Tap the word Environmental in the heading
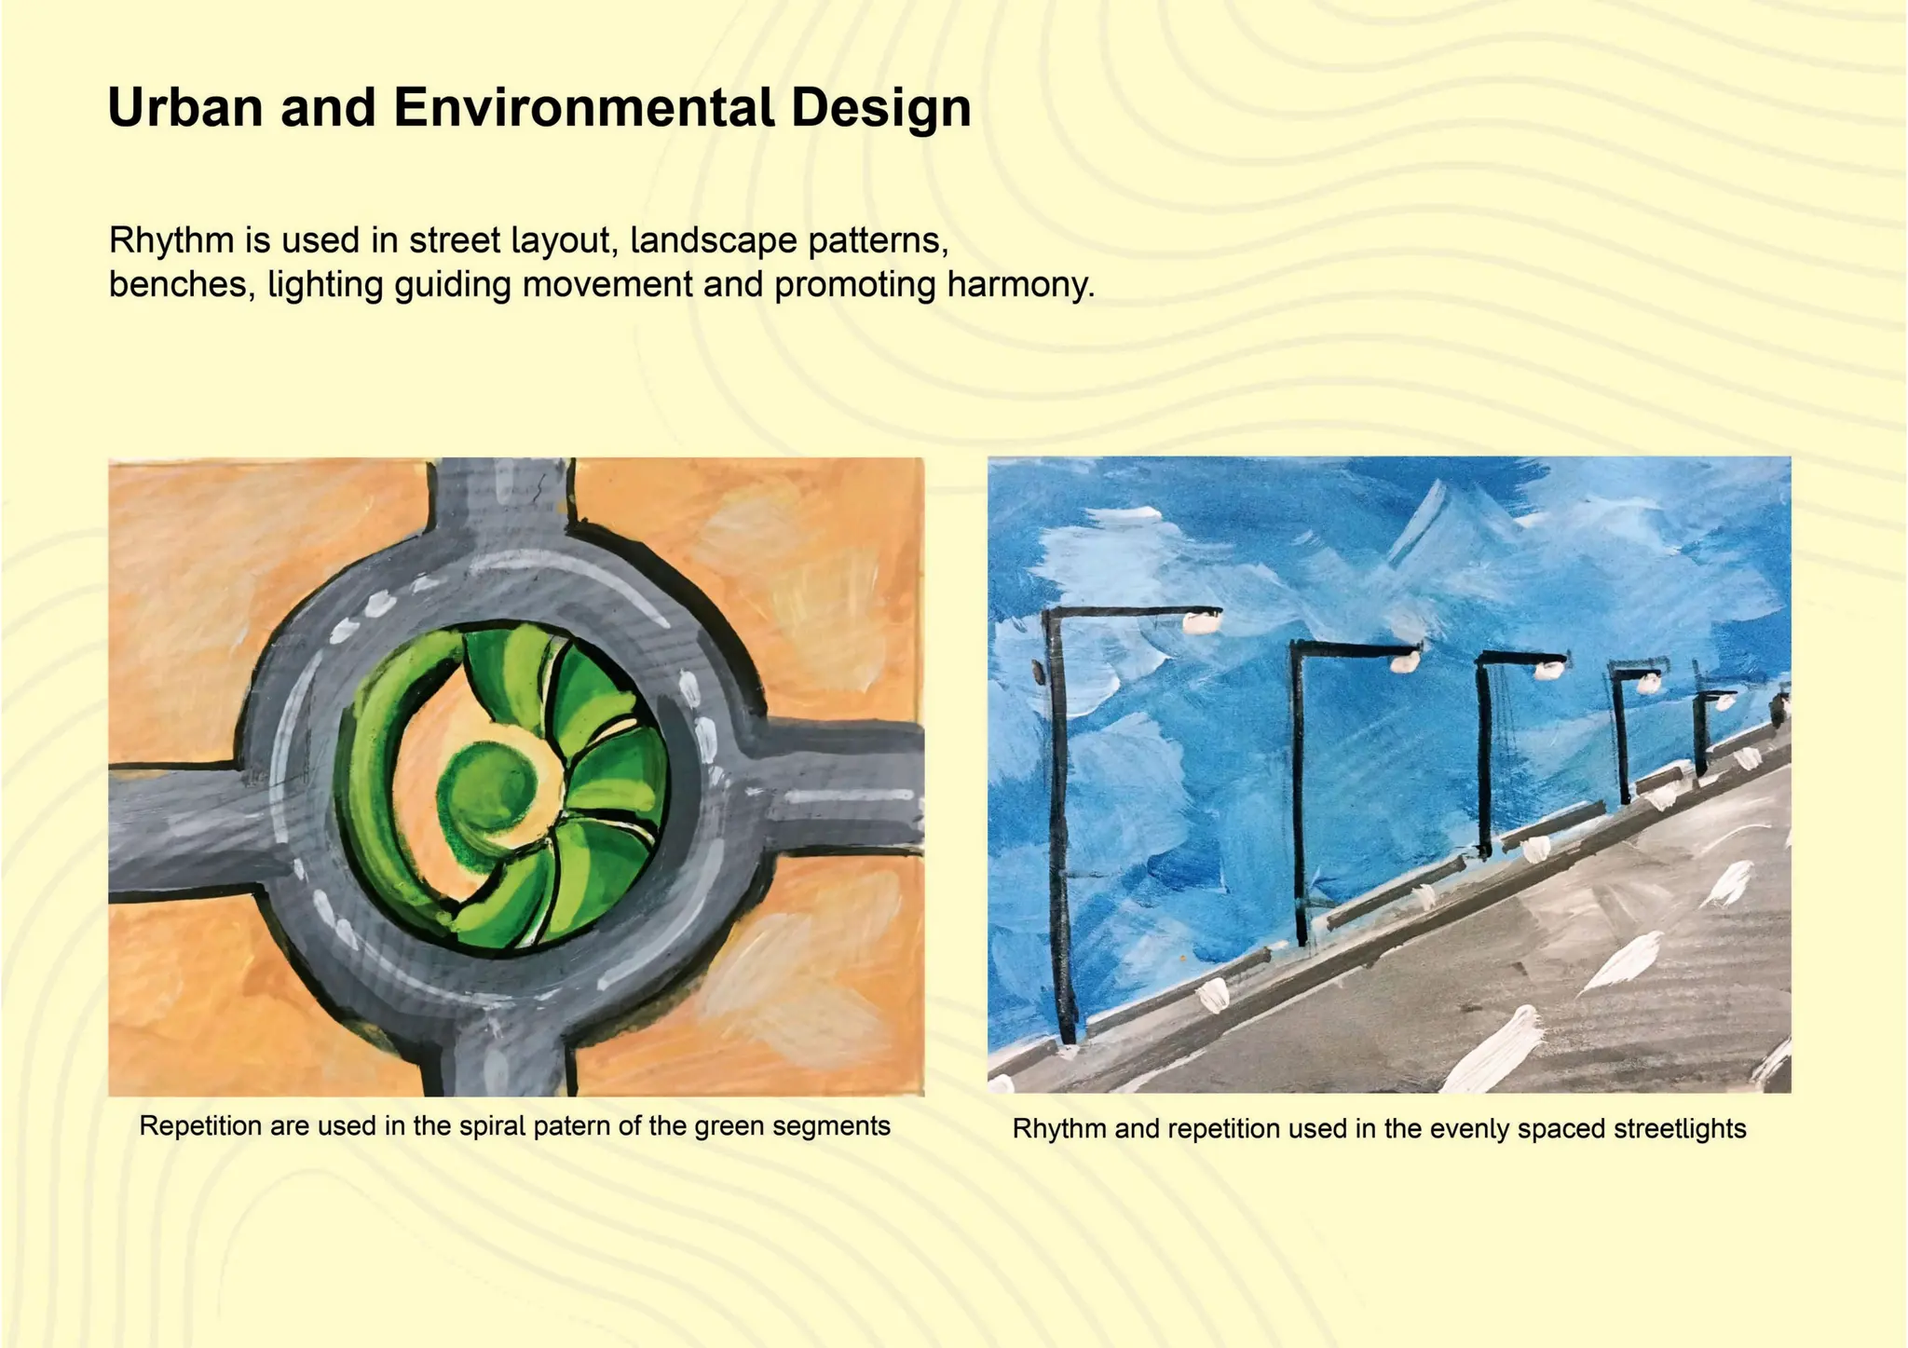583,107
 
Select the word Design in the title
880,107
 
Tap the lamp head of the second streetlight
1404,661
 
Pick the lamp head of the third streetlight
1549,669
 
